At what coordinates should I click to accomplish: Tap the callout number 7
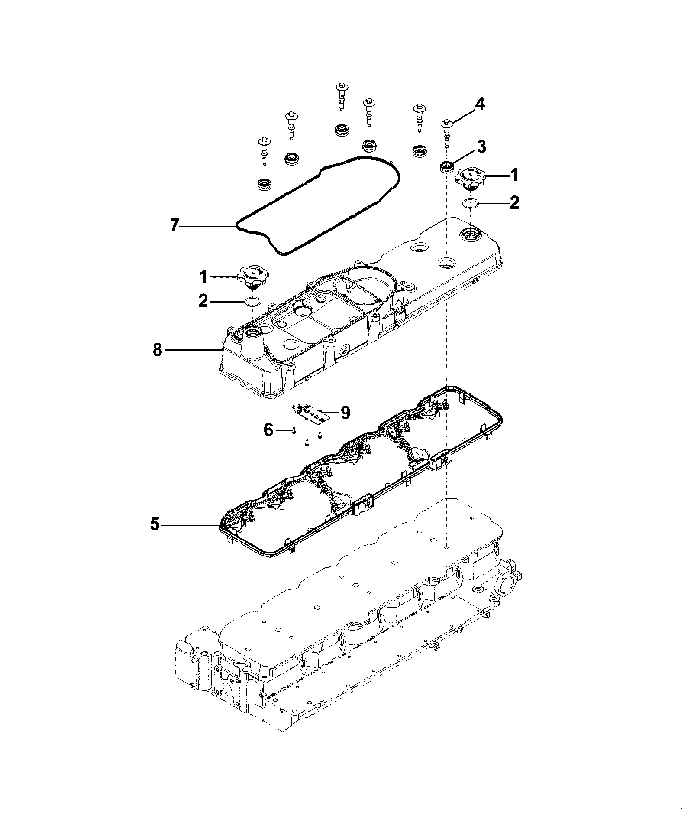click(174, 226)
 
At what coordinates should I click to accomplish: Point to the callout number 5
click(155, 525)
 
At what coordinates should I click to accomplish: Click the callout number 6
click(268, 430)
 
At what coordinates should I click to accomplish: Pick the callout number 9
click(345, 412)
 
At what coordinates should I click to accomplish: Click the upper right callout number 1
click(514, 175)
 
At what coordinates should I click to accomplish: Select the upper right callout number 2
click(514, 202)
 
